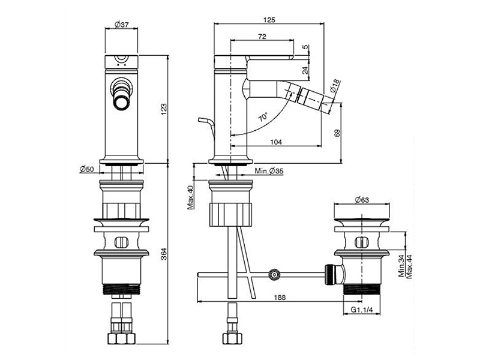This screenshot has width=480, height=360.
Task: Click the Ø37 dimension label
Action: pyautogui.click(x=122, y=25)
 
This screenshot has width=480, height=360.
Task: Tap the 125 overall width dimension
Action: pyautogui.click(x=269, y=20)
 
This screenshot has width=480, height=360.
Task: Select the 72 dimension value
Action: pyautogui.click(x=262, y=37)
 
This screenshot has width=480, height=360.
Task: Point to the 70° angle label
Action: pyautogui.click(x=263, y=117)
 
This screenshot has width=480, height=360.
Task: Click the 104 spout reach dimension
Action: pyautogui.click(x=276, y=142)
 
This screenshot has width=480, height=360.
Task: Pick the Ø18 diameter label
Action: pyautogui.click(x=335, y=86)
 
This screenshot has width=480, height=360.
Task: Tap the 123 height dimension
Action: pyautogui.click(x=164, y=109)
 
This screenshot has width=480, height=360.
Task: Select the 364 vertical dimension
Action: pyautogui.click(x=164, y=254)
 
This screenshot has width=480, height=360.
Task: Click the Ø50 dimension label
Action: pyautogui.click(x=87, y=169)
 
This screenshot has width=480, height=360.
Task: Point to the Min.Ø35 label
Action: pyautogui.click(x=269, y=172)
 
